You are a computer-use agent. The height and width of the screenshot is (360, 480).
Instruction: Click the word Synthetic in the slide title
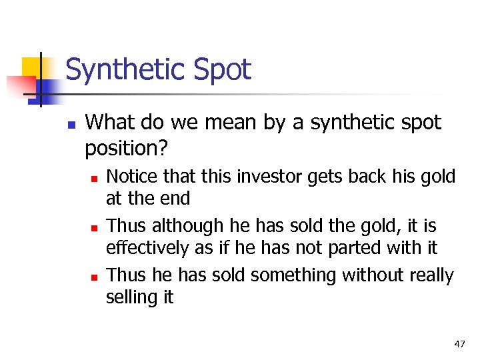[127, 69]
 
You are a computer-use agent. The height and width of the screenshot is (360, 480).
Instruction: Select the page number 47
[459, 344]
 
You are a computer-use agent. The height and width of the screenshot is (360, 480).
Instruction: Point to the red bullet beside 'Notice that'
[95, 179]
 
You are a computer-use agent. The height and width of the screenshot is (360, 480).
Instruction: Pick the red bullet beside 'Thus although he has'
[95, 228]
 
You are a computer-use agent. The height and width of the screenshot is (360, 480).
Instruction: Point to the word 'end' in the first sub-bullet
[177, 199]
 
